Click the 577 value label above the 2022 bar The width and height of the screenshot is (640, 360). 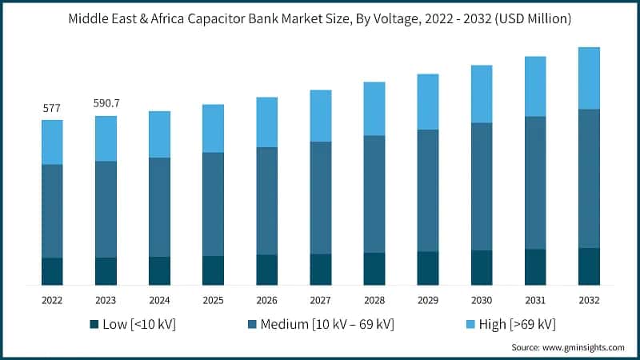click(52, 108)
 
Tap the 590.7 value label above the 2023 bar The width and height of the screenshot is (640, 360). click(106, 103)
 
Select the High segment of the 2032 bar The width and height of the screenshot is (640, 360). click(589, 78)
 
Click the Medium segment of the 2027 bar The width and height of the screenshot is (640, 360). click(321, 198)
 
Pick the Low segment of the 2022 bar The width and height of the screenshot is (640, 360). click(52, 271)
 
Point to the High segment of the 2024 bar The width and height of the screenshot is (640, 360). click(159, 134)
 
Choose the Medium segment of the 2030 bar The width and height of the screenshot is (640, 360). click(482, 186)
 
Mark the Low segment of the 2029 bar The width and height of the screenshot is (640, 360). click(428, 268)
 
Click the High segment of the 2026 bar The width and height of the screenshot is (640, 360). click(267, 122)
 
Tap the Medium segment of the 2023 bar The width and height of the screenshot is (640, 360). click(106, 209)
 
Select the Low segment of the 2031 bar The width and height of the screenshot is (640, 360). click(535, 266)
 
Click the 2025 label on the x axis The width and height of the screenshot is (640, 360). click(213, 300)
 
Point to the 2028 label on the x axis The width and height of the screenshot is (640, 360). click(374, 300)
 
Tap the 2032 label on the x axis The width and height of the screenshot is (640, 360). click(589, 300)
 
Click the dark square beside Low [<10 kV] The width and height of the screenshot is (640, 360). click(94, 324)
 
